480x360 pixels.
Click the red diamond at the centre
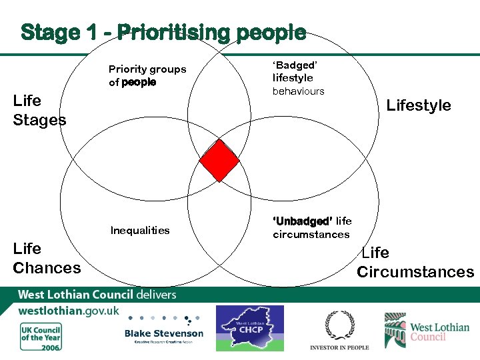(220, 161)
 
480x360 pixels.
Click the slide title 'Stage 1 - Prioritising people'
(163, 32)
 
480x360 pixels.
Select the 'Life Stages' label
(39, 110)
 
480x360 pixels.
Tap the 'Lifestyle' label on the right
(419, 105)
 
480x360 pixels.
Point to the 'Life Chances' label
(47, 258)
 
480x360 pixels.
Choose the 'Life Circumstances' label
(415, 262)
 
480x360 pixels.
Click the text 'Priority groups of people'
(147, 75)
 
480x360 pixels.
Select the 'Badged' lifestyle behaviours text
(298, 78)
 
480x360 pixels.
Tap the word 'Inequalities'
(140, 231)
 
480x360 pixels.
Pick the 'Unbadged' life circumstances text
(312, 227)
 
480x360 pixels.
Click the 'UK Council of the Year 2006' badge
(41, 337)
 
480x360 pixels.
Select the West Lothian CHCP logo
(249, 328)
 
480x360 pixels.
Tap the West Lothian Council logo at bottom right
(427, 331)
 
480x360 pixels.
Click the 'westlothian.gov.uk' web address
(69, 311)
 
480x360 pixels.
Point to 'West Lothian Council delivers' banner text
(97, 294)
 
